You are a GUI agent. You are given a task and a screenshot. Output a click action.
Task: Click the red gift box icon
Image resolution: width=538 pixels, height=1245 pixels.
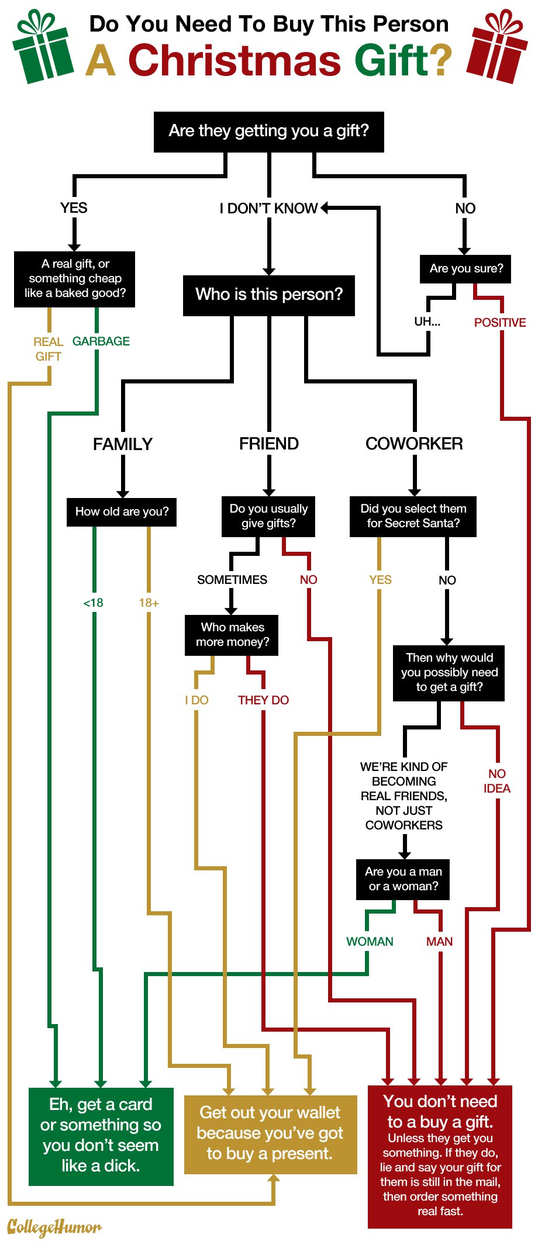[x=496, y=48]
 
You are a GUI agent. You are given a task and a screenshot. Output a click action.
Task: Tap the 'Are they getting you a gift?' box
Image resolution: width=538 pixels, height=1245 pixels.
[x=268, y=132]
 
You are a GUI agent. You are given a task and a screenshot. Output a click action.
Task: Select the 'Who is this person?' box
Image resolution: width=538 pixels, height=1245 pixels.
[x=268, y=295]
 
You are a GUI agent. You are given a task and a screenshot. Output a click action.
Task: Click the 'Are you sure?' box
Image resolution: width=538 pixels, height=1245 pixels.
[x=465, y=269]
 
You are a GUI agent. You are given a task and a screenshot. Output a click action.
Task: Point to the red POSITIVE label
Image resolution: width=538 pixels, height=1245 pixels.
[x=499, y=323]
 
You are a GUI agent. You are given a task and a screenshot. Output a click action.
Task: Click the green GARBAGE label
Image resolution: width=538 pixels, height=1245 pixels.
[x=101, y=341]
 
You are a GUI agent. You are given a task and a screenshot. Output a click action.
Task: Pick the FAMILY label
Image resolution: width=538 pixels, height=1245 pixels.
[x=122, y=445]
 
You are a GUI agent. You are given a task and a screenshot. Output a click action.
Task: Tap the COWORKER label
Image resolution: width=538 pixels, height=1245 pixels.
[x=414, y=444]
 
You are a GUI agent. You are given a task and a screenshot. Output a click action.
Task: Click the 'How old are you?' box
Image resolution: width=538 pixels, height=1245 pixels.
[x=122, y=512]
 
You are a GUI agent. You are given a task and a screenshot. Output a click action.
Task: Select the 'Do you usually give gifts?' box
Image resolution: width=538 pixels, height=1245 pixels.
[x=268, y=516]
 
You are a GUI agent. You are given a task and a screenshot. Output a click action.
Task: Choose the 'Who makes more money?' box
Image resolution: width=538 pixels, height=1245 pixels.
[x=232, y=635]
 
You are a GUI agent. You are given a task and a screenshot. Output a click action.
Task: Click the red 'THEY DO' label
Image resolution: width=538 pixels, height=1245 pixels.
[x=263, y=700]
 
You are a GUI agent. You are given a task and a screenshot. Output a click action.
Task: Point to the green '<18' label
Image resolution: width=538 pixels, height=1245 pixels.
[x=93, y=603]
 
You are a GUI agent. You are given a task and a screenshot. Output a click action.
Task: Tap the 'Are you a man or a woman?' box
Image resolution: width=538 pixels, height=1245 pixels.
[x=403, y=879]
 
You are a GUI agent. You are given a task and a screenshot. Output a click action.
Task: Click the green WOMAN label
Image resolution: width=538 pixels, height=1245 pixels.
[x=370, y=942]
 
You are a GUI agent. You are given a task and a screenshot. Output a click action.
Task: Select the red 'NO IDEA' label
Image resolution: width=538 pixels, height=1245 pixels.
[x=496, y=781]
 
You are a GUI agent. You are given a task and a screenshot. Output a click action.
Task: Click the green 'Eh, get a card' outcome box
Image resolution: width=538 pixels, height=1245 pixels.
[x=101, y=1136]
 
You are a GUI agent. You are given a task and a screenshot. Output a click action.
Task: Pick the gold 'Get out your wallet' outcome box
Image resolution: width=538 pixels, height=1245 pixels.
[x=270, y=1134]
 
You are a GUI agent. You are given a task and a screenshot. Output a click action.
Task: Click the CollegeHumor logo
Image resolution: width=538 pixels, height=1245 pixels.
[x=54, y=1227]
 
